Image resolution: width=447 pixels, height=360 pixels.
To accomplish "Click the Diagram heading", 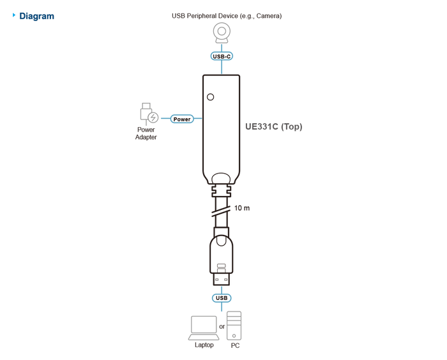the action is point(36,16).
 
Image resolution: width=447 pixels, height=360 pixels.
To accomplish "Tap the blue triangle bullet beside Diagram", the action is point(13,15).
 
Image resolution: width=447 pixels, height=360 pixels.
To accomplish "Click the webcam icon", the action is point(222,33).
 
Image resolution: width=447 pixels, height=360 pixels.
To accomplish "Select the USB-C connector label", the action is point(222,56).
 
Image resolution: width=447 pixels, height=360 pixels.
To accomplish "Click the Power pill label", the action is point(182,119).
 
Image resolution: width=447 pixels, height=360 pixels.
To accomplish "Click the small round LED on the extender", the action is point(210,97).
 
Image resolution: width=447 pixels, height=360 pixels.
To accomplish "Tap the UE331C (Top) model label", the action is point(274,126).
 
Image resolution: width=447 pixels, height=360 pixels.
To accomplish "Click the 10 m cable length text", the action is point(242,208).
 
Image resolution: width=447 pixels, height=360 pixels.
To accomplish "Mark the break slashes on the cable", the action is point(221,211).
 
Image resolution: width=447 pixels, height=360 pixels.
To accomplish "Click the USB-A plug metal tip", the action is point(222,280).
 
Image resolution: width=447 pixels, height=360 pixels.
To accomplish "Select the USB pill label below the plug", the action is point(222,298).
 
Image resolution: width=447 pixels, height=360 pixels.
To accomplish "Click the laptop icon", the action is point(204,328).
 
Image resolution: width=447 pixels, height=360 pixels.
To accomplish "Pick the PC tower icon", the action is point(234,326).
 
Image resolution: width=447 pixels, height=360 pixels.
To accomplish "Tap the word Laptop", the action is point(204,345).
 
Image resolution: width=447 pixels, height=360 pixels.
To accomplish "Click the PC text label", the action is point(235,346).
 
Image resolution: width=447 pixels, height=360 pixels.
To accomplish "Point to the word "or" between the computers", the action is point(222,327).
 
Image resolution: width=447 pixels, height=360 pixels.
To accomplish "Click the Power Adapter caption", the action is point(146,133).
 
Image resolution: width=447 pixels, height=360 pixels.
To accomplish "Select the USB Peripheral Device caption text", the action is point(227,16).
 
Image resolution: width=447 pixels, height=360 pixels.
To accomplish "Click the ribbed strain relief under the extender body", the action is point(221,190).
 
